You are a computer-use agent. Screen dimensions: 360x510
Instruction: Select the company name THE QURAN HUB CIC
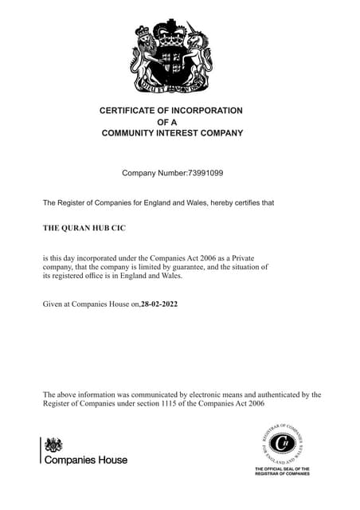click(x=84, y=228)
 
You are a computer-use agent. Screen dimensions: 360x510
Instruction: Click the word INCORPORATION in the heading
click(x=199, y=111)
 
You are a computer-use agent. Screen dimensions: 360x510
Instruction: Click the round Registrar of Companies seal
click(x=282, y=445)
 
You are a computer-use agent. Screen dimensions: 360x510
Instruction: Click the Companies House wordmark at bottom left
click(x=86, y=460)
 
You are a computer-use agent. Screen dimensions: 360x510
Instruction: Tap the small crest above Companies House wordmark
click(x=53, y=445)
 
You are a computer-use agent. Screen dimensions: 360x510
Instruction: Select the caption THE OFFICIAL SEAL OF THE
click(x=282, y=469)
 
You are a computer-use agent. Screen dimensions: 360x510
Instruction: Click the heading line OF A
click(x=171, y=122)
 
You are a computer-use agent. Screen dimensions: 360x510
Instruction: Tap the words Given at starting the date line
click(x=57, y=304)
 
